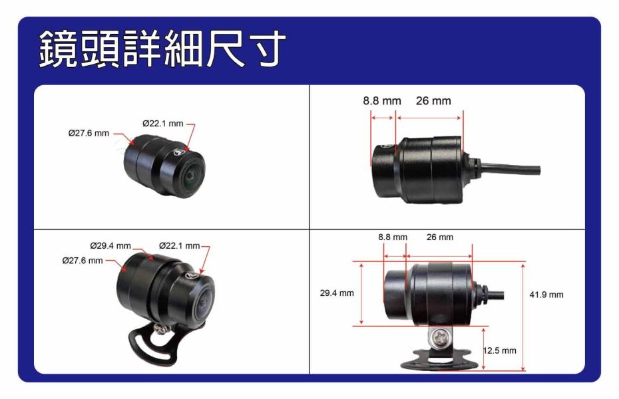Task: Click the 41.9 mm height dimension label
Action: [546, 295]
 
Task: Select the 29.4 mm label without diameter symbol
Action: [337, 293]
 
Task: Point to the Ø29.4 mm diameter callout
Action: [110, 245]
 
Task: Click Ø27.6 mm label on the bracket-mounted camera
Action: [82, 260]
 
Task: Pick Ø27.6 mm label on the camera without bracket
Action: [89, 133]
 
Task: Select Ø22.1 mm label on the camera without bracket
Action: [163, 122]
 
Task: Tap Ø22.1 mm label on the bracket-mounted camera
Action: [180, 245]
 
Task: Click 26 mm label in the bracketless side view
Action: [433, 101]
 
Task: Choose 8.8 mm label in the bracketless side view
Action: [382, 101]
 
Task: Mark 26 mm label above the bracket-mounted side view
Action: [439, 237]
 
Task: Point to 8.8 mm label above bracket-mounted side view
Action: [392, 237]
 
